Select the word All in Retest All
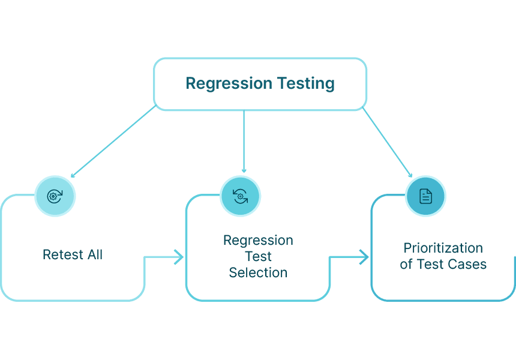pos(94,254)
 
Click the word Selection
pos(258,273)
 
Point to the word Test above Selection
pos(258,257)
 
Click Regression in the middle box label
pos(258,241)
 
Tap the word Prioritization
pos(443,248)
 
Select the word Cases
pos(468,264)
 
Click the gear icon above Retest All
pos(55,196)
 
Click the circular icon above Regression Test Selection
pos(240,196)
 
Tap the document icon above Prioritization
pos(425,196)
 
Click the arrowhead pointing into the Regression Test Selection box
pos(179,257)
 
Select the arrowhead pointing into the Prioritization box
pos(365,257)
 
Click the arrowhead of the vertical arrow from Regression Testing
pos(244,170)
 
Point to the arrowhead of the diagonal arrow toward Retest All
pos(73,175)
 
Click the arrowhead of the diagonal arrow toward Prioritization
pos(410,175)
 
